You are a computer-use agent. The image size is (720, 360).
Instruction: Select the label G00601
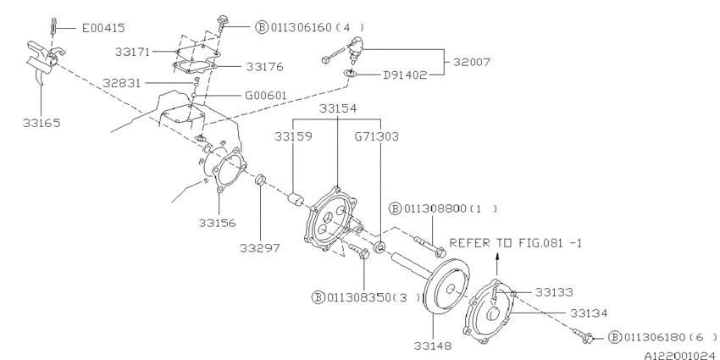pos(267,96)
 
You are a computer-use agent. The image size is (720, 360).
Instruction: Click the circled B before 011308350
pos(319,296)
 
